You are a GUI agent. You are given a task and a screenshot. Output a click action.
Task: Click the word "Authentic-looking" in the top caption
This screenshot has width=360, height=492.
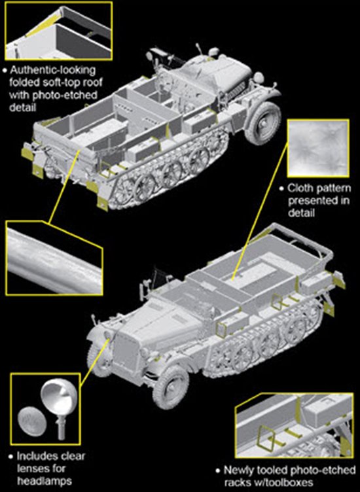(x=52, y=70)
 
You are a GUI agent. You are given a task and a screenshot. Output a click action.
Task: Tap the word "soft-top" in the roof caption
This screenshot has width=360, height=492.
(x=61, y=82)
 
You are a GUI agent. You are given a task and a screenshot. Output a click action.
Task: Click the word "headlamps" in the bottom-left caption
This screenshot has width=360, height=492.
(x=45, y=481)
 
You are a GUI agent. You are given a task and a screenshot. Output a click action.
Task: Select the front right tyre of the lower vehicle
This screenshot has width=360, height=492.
(x=170, y=387)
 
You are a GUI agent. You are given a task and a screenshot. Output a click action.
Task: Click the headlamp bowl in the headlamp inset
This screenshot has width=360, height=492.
(x=57, y=396)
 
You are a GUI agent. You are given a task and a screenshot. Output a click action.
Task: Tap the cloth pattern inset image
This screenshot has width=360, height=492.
(x=318, y=149)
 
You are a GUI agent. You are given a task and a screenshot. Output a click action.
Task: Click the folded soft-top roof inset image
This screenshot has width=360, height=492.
(x=59, y=31)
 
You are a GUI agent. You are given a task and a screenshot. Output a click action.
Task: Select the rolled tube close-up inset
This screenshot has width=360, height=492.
(x=54, y=258)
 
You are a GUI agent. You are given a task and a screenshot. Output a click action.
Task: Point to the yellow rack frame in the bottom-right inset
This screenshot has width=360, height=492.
(x=266, y=437)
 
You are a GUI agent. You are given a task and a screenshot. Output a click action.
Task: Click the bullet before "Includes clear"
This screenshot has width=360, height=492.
(x=11, y=457)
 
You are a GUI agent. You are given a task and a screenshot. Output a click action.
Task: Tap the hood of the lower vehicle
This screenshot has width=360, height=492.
(x=160, y=323)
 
